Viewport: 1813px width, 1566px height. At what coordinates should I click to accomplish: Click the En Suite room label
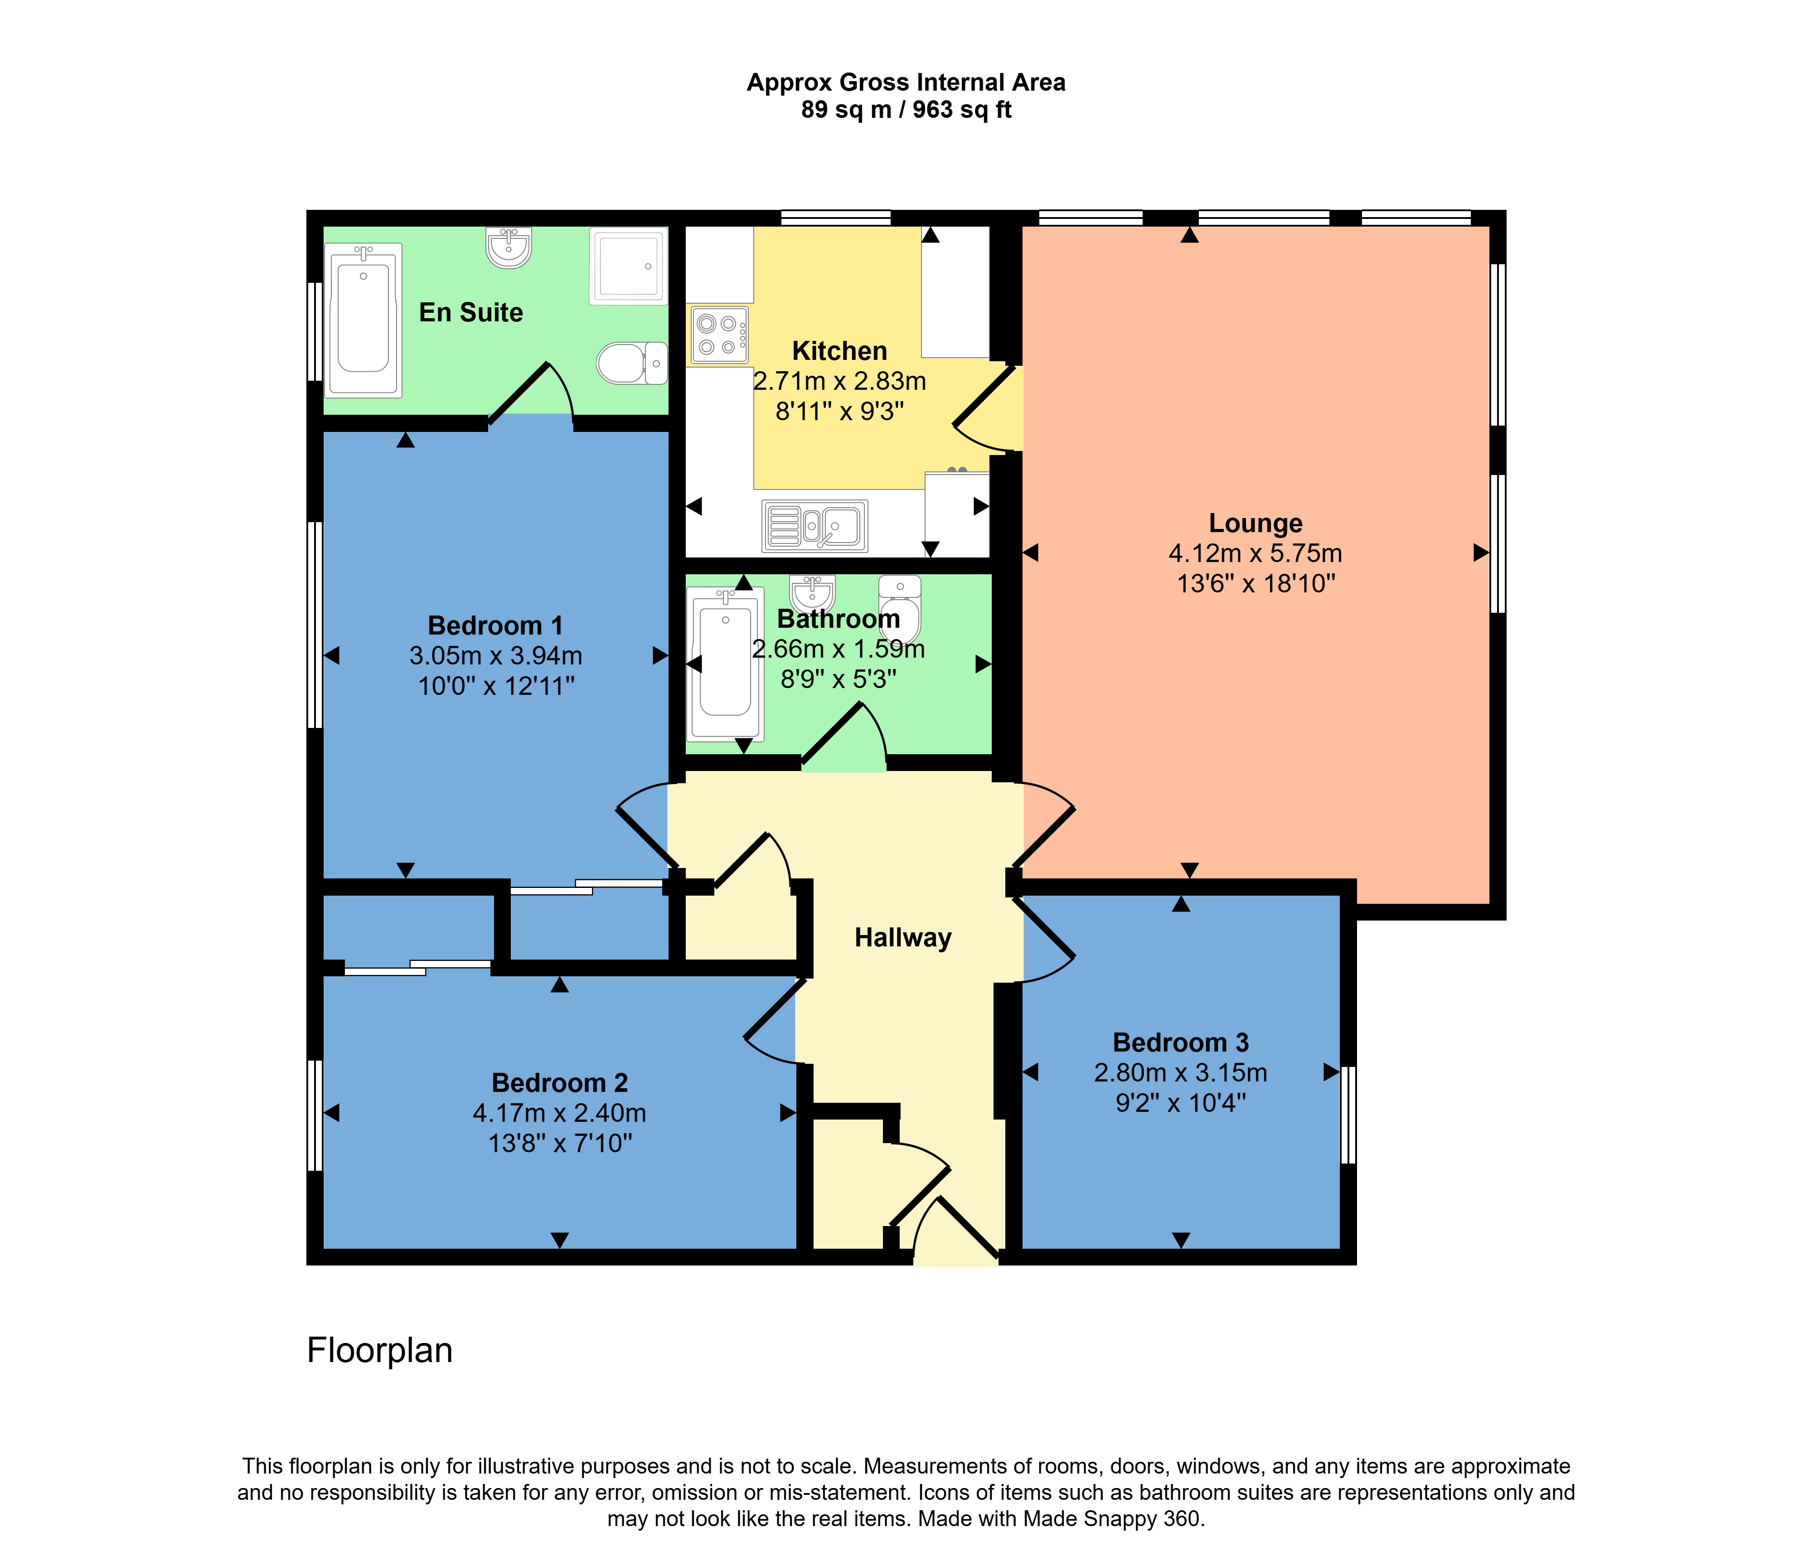pyautogui.click(x=471, y=312)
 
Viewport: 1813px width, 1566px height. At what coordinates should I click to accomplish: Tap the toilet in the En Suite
pyautogui.click(x=632, y=362)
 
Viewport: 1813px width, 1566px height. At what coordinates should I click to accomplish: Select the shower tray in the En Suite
pyautogui.click(x=628, y=266)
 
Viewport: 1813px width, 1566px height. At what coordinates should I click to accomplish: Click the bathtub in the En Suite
pyautogui.click(x=363, y=320)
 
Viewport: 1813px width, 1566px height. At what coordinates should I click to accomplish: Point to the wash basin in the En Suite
pyautogui.click(x=509, y=247)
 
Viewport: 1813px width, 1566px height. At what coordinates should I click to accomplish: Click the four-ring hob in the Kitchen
pyautogui.click(x=718, y=334)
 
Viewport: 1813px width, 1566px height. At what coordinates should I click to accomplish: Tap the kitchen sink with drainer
pyautogui.click(x=814, y=526)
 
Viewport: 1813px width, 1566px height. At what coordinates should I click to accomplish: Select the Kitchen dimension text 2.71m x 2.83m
pyautogui.click(x=839, y=382)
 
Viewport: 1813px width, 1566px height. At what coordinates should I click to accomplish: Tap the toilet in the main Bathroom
pyautogui.click(x=900, y=608)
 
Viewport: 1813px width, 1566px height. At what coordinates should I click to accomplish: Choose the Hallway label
pyautogui.click(x=902, y=938)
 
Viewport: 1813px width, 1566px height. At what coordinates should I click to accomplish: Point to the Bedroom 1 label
pyautogui.click(x=495, y=625)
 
